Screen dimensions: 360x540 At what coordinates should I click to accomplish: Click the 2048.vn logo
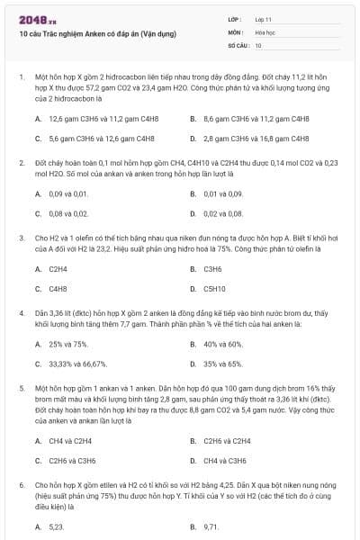coord(32,19)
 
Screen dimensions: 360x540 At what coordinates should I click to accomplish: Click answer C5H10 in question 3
coord(214,289)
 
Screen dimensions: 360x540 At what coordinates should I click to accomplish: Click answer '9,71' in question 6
coord(211,526)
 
